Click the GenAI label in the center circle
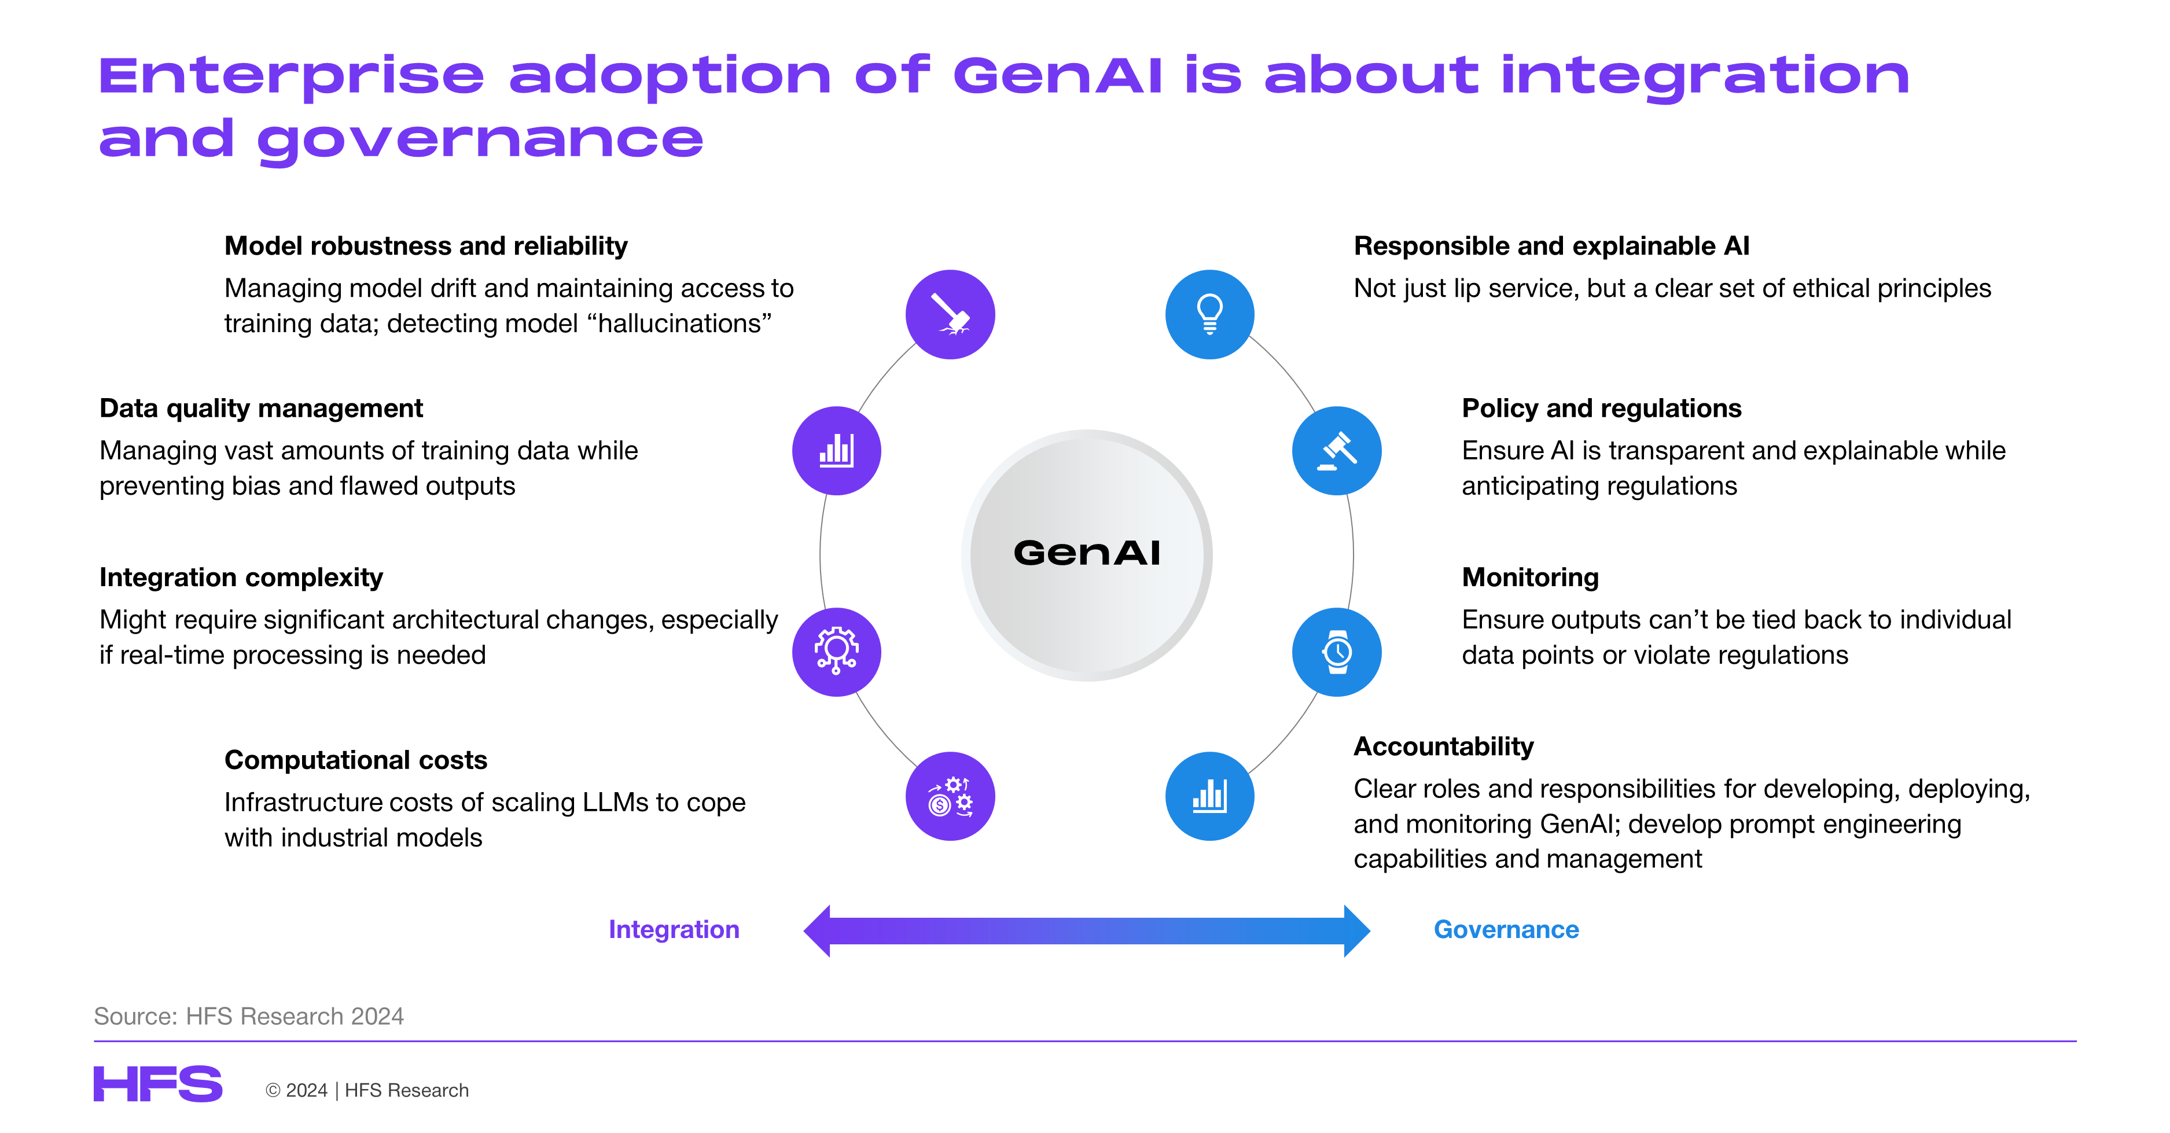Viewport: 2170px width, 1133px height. point(1087,553)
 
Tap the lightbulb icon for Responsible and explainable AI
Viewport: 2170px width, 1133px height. point(1209,314)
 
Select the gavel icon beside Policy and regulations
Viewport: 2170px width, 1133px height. point(1337,451)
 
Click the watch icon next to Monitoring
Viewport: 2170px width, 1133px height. point(1337,652)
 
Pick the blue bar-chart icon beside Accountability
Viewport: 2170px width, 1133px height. point(1209,796)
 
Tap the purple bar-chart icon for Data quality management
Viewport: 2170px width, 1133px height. point(837,451)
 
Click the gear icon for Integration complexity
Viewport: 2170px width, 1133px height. point(837,652)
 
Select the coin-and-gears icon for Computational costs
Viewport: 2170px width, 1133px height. point(950,796)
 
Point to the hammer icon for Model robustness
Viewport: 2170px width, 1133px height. point(950,314)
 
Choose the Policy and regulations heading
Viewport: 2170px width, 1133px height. point(1601,409)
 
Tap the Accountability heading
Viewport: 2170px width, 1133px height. point(1444,746)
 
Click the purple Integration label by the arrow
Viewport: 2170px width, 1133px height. point(674,929)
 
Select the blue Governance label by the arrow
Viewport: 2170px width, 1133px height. point(1506,929)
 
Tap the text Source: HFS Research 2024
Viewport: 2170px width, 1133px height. point(248,1017)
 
